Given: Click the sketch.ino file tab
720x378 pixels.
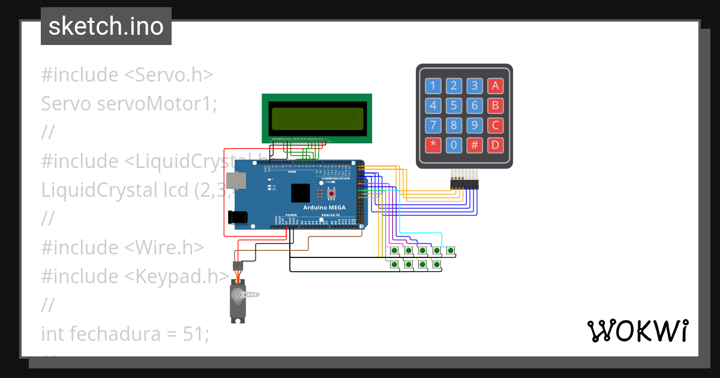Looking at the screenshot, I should pos(106,26).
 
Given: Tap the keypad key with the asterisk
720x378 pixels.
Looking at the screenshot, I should pos(433,145).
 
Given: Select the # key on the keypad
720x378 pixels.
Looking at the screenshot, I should pos(475,145).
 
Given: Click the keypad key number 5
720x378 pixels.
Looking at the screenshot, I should pos(454,106).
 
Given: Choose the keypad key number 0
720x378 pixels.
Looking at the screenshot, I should pos(454,145).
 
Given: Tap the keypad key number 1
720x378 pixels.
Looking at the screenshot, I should pos(433,86).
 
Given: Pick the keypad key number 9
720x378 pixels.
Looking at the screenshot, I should pos(475,125).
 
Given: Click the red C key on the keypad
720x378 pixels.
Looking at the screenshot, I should pos(495,125).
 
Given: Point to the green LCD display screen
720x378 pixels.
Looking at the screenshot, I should pos(317,119).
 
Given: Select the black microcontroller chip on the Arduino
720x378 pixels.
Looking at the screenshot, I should pos(301,193).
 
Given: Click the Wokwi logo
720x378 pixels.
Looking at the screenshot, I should pos(637,331).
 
